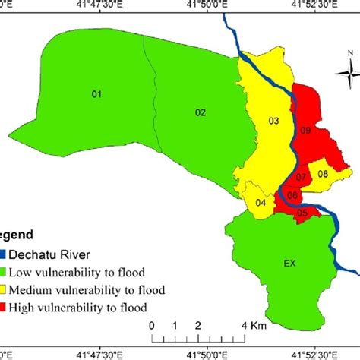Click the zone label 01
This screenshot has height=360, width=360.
(x=96, y=94)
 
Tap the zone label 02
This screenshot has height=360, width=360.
(x=201, y=112)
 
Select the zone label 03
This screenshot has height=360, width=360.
(x=274, y=121)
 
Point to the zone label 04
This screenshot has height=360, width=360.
(x=261, y=202)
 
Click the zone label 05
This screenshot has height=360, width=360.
(x=302, y=213)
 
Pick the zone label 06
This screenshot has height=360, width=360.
(x=292, y=196)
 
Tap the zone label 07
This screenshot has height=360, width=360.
(x=301, y=178)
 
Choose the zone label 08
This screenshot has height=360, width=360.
(x=323, y=174)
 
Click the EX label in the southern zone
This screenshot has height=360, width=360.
(x=289, y=264)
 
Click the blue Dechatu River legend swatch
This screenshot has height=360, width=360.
(x=4, y=255)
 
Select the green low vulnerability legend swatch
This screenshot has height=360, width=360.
(x=4, y=272)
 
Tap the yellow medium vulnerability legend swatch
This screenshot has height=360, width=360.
(x=4, y=289)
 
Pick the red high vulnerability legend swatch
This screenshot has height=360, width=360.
(x=4, y=307)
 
